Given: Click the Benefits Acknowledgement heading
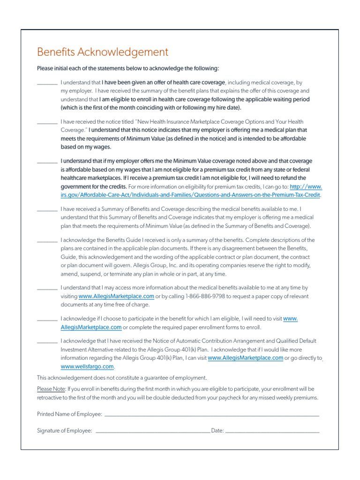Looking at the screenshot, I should (x=102, y=52).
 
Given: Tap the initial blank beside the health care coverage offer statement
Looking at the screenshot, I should (x=47, y=83).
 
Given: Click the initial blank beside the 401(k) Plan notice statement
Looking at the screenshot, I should (x=47, y=342).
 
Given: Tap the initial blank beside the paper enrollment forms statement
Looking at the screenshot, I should (x=47, y=320).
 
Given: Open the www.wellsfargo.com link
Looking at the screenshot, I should (x=87, y=367).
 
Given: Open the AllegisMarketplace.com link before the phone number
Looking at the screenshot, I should (x=116, y=297).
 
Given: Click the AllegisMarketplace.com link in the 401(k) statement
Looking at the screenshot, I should (x=245, y=358).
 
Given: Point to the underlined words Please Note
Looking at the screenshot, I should (x=51, y=389).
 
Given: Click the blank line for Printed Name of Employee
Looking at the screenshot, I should (x=211, y=415).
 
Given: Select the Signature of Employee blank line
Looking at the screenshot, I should (x=153, y=432).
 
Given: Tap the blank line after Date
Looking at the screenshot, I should (x=272, y=432).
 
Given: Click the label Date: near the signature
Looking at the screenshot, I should (x=217, y=431).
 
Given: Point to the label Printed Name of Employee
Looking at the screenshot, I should (x=69, y=414).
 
